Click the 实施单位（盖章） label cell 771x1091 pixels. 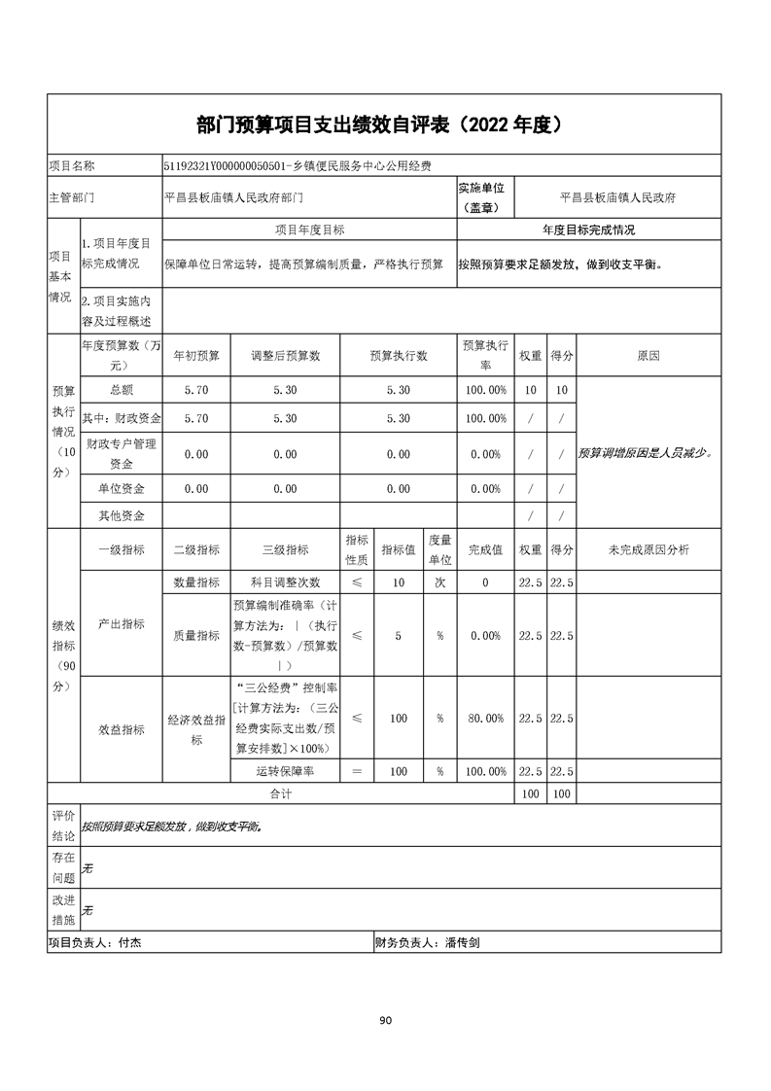point(486,197)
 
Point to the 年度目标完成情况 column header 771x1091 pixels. point(588,230)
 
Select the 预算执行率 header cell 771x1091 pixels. point(485,356)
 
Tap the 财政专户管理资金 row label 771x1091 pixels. point(122,453)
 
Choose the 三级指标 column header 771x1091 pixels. point(285,550)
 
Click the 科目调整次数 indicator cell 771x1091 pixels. point(285,582)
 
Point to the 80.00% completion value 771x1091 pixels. point(485,719)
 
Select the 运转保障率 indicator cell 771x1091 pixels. point(285,772)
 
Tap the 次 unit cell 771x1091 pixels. point(439,582)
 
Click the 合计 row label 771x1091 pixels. point(281,794)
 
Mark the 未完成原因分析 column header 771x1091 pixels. point(648,550)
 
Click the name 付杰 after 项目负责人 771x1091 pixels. point(129,942)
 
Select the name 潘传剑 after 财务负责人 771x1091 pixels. point(463,942)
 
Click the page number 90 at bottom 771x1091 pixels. point(385,1020)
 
